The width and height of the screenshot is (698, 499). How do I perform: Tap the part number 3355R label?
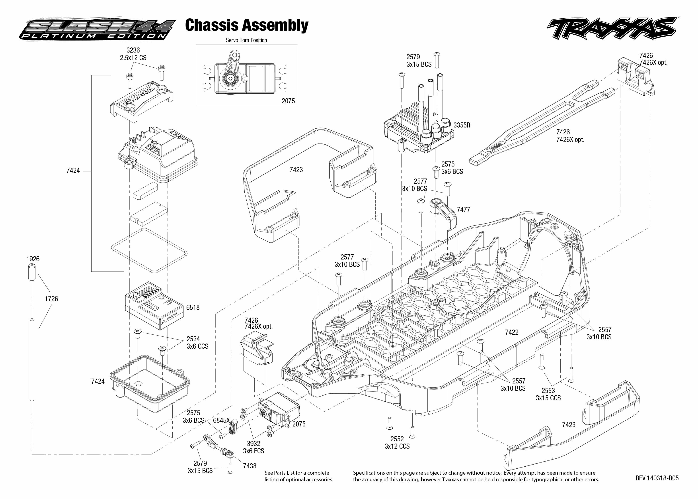click(x=462, y=125)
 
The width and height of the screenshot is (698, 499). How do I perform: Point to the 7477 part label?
click(x=463, y=210)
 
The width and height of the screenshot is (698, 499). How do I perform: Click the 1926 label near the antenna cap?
click(x=33, y=259)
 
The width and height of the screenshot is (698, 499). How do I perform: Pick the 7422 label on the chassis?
click(x=512, y=332)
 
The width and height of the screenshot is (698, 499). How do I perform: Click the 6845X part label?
click(x=221, y=420)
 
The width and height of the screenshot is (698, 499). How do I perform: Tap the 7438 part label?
click(x=250, y=466)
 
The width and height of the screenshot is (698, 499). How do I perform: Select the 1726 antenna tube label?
click(x=51, y=299)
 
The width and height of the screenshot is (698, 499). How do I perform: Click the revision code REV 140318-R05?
click(x=657, y=478)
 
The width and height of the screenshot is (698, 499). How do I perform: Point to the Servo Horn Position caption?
click(x=246, y=40)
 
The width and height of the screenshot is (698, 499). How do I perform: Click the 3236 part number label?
click(x=133, y=50)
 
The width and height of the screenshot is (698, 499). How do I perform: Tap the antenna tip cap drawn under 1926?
click(x=32, y=272)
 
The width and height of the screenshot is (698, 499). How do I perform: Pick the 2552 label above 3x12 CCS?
click(x=397, y=439)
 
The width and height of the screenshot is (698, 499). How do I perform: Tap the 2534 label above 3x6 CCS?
click(x=193, y=339)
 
